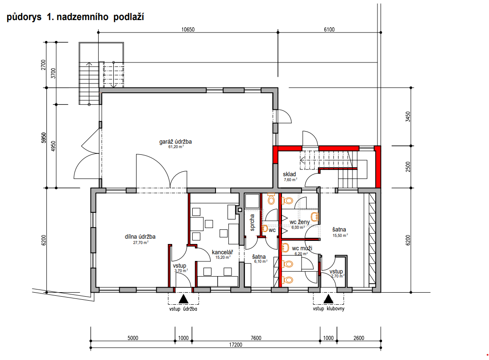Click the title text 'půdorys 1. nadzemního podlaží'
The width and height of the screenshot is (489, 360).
tap(75, 17)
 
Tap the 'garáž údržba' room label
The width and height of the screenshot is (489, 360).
tap(176, 141)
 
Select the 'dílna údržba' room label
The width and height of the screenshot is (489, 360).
tap(140, 236)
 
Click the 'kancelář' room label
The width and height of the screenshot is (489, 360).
tap(222, 252)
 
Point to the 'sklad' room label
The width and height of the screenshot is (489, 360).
tap(290, 174)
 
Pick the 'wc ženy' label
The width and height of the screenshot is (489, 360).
tap(300, 222)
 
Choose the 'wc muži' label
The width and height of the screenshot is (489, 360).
tap(302, 248)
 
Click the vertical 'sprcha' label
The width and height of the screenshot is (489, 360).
tap(252, 222)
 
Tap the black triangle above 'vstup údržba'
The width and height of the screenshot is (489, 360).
tap(183, 299)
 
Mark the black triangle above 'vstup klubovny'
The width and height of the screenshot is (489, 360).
tap(328, 299)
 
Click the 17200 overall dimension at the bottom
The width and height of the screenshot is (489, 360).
tap(236, 345)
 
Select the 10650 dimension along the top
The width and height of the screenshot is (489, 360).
tap(188, 29)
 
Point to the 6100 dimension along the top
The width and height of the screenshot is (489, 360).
tap(329, 29)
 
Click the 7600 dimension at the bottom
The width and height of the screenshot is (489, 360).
tap(256, 338)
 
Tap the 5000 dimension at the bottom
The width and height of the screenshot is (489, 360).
tap(133, 338)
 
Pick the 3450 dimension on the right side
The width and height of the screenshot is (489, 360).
tap(408, 116)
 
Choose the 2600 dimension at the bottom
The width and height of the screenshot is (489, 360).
tap(359, 338)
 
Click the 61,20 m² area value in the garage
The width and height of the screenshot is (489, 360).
tap(176, 146)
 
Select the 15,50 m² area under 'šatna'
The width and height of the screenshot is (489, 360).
tap(340, 236)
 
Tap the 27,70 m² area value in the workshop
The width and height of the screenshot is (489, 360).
tap(141, 242)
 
